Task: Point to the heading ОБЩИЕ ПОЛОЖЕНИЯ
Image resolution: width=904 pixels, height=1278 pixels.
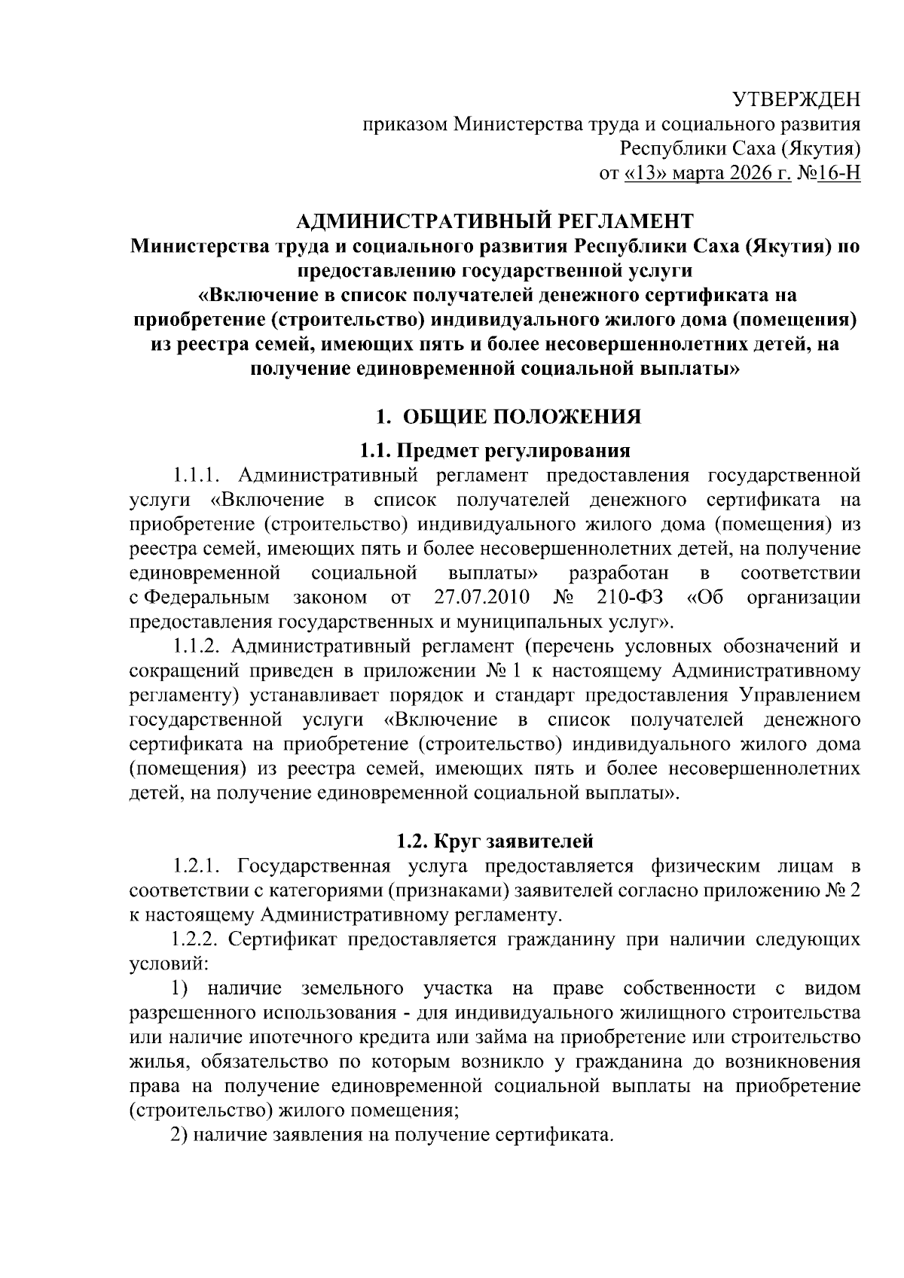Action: tap(521, 417)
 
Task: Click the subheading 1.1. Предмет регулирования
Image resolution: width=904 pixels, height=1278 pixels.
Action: tap(494, 451)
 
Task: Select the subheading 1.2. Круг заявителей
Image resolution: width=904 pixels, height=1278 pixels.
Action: tap(495, 840)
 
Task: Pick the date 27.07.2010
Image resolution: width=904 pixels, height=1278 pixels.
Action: tap(483, 598)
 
